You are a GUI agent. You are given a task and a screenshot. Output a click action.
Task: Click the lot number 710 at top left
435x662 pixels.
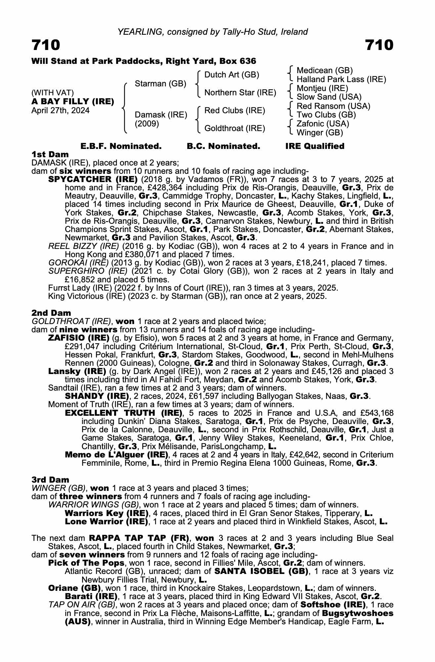click(46, 45)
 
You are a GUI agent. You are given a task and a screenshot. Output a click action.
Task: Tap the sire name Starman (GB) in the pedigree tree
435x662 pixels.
click(160, 84)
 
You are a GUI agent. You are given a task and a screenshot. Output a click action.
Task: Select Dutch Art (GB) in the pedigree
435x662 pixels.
click(232, 75)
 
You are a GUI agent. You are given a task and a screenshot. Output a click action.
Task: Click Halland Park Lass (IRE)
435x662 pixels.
click(341, 79)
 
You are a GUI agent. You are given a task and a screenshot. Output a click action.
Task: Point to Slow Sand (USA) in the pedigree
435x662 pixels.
click(329, 97)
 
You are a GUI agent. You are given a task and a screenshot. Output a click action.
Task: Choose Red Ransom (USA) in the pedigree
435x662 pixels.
click(333, 106)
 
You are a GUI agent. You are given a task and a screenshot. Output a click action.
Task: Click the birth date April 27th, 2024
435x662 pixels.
click(60, 110)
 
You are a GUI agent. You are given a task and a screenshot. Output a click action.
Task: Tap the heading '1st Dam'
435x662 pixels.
click(50, 154)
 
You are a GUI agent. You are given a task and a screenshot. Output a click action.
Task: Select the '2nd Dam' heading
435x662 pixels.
click(51, 313)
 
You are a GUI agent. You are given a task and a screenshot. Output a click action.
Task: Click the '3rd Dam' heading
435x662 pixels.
click(50, 480)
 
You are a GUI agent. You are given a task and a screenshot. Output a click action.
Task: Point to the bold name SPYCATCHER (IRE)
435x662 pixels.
click(93, 179)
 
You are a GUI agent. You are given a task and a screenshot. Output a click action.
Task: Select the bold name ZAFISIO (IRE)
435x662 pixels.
click(79, 338)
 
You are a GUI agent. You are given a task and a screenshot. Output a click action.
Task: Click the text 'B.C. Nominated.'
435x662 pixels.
click(223, 146)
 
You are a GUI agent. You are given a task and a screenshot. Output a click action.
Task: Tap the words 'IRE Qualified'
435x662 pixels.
click(315, 146)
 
